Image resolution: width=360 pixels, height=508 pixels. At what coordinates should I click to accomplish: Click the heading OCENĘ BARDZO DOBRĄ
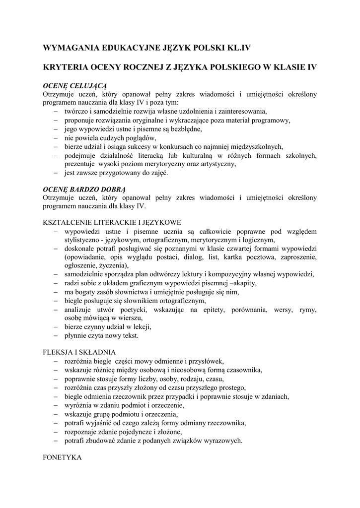(85, 189)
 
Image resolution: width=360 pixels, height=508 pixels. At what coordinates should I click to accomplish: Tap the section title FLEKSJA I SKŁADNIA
(79, 352)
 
